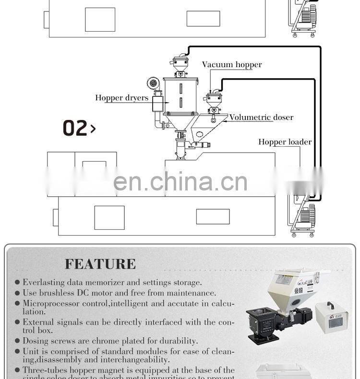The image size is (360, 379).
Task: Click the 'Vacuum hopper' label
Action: pos(232,65)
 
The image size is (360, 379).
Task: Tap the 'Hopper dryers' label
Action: pos(121,98)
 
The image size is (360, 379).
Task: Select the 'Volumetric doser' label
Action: pos(261,118)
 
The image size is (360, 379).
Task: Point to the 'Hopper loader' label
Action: pos(285,142)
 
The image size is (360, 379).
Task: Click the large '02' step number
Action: pos(76,128)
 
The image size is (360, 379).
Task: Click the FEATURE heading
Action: pos(100,264)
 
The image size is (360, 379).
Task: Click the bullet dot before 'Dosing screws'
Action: pos(18,341)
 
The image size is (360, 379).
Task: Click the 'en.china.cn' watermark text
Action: pos(180,182)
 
